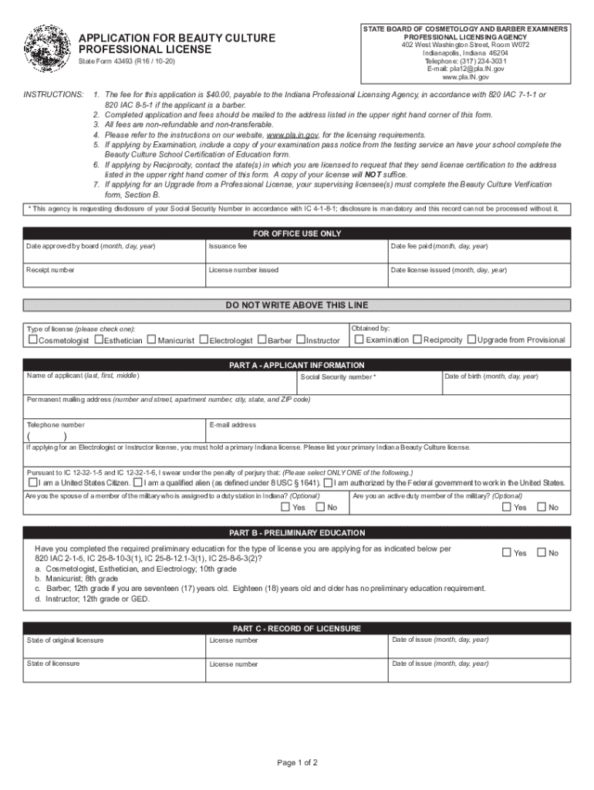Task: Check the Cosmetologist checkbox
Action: [x=33, y=339]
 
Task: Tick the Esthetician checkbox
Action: [x=98, y=339]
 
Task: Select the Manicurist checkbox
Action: [x=151, y=339]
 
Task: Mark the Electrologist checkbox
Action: [x=204, y=339]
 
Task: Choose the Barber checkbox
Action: [x=262, y=339]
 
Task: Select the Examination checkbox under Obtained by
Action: [x=359, y=339]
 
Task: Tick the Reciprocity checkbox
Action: [x=417, y=339]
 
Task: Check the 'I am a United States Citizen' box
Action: [x=32, y=483]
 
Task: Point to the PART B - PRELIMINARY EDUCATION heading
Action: [x=297, y=533]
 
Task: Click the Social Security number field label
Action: [x=338, y=377]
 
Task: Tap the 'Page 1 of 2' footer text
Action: [x=297, y=763]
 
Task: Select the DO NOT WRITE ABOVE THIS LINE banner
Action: [x=297, y=305]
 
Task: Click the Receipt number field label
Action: [x=50, y=270]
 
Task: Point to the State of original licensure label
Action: [x=66, y=640]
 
